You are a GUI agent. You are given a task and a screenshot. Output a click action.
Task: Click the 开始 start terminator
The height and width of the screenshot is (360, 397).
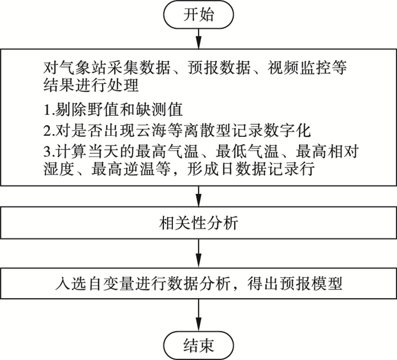click(x=198, y=14)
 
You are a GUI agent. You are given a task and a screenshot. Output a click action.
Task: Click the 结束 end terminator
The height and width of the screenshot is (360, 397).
click(x=198, y=346)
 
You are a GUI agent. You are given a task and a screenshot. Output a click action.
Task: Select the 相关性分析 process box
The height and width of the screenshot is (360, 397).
click(x=198, y=223)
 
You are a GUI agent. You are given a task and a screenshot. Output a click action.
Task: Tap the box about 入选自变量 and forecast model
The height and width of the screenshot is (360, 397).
click(x=198, y=283)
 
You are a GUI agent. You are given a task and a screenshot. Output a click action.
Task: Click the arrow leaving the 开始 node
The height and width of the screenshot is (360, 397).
click(x=198, y=38)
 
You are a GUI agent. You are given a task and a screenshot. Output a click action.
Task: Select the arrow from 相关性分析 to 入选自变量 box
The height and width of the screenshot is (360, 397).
click(x=198, y=253)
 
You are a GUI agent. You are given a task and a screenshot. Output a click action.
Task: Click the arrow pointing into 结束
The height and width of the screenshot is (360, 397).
click(x=198, y=315)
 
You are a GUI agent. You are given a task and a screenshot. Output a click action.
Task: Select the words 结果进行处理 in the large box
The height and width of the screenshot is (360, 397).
click(x=91, y=85)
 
